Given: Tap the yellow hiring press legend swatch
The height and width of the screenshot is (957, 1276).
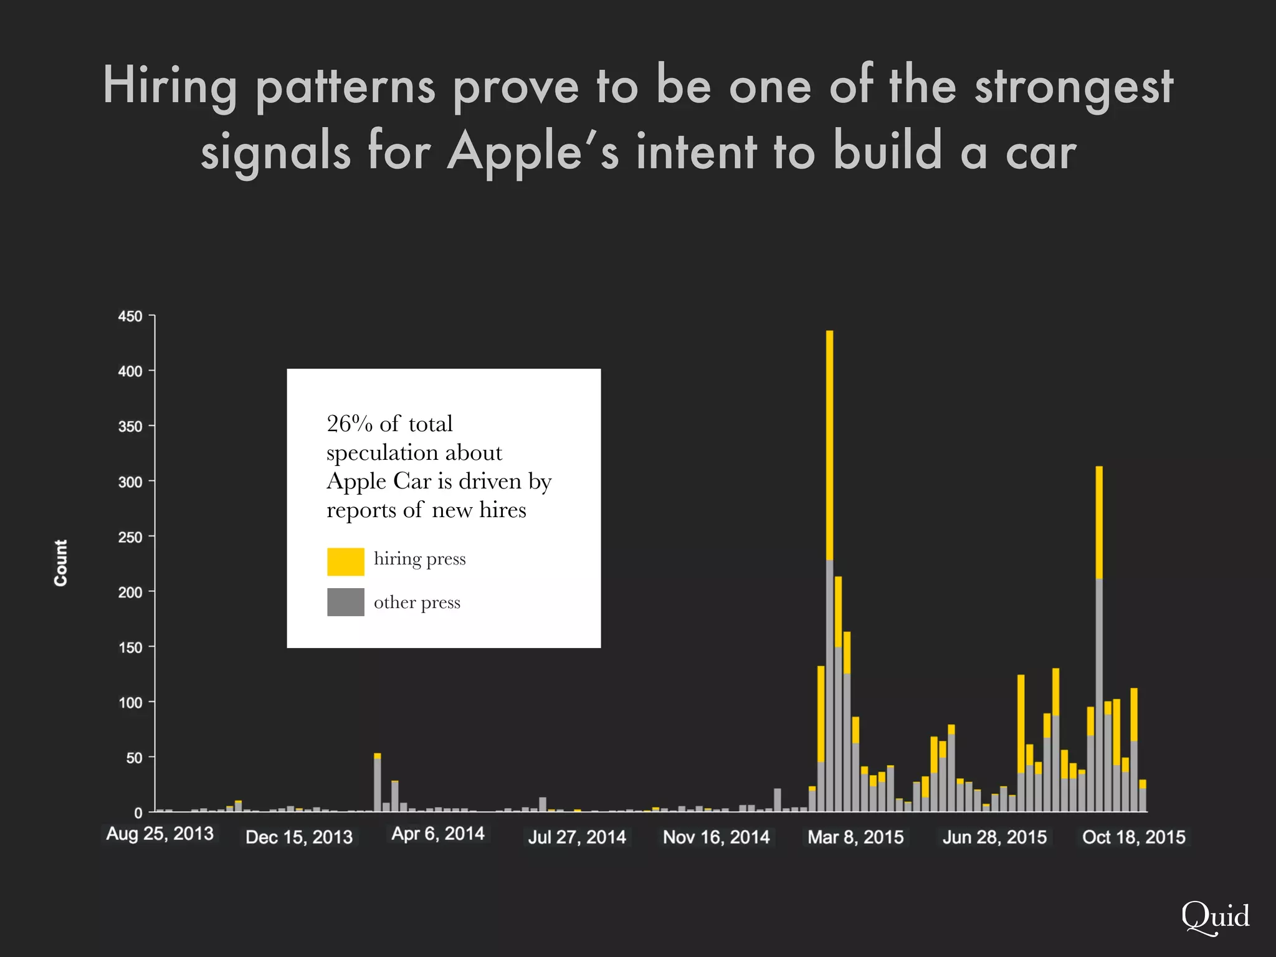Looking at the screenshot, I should (x=345, y=561).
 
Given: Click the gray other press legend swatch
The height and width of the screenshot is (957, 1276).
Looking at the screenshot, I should (x=345, y=602).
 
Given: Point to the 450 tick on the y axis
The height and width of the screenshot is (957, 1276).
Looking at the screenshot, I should (x=130, y=317).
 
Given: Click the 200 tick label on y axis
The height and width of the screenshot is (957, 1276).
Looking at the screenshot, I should (x=130, y=593).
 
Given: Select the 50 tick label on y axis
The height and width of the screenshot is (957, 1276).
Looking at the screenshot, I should (x=134, y=758).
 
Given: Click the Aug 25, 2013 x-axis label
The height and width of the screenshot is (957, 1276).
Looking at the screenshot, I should (x=159, y=834).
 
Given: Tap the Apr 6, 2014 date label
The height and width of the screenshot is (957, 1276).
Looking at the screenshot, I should (x=437, y=834).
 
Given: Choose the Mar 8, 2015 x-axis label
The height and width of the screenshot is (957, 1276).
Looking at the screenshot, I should (x=855, y=837).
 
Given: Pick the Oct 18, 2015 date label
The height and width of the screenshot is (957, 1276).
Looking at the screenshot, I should (x=1133, y=837).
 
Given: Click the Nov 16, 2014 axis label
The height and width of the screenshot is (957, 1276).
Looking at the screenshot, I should (x=716, y=837).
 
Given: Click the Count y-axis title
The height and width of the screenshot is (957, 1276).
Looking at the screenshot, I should (x=60, y=563).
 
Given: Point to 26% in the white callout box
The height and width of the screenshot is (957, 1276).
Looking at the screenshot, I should (x=349, y=424).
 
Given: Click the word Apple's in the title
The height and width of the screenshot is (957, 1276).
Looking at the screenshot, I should (x=533, y=152).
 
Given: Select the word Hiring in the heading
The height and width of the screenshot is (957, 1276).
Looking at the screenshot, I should (x=169, y=86).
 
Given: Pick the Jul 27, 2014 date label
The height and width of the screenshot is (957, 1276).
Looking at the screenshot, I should (x=577, y=837).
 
